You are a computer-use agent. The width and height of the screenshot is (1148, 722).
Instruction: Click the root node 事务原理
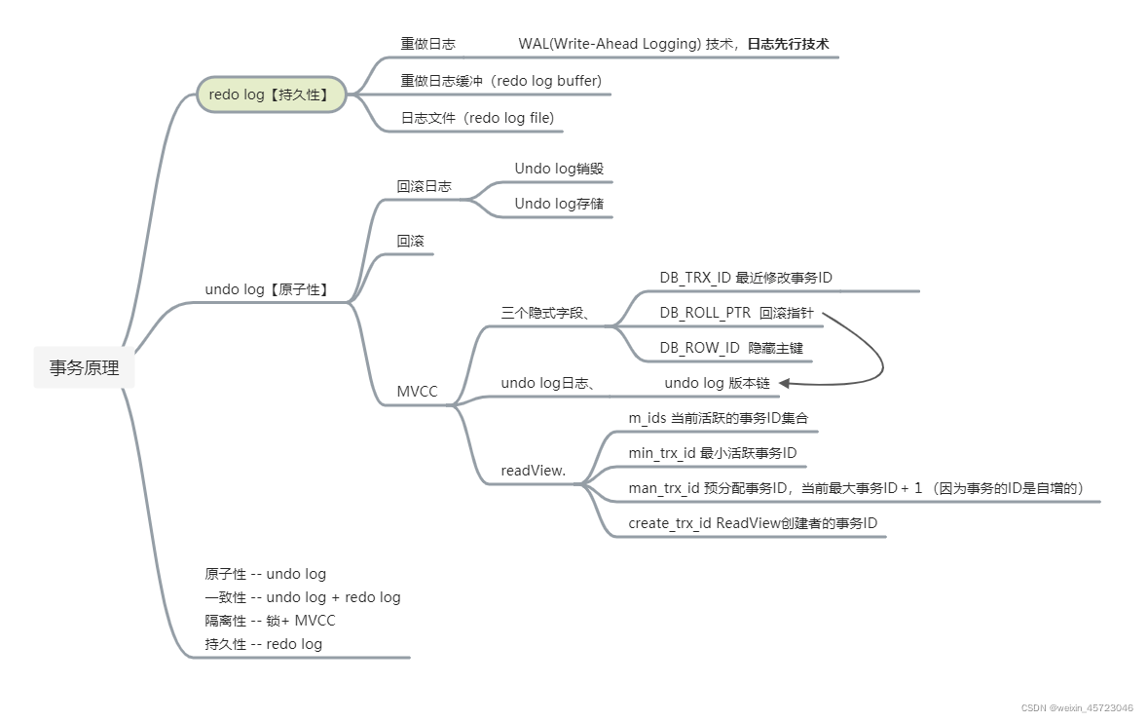click(84, 367)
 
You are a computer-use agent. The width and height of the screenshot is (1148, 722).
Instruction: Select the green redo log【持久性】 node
click(272, 95)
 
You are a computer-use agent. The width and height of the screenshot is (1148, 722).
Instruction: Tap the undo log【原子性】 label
click(267, 289)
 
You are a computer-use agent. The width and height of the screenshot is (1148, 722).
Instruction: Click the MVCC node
click(418, 392)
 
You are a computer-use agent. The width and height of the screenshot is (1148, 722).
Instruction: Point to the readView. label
click(533, 471)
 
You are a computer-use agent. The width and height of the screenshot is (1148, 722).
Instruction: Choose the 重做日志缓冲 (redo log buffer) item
click(500, 81)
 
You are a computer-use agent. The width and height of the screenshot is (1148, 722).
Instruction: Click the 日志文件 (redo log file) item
click(477, 117)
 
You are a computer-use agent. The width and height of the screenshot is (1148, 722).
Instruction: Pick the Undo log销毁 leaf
click(559, 169)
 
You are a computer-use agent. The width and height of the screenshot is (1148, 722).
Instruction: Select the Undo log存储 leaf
click(559, 204)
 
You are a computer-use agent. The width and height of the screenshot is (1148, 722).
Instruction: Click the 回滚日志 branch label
click(424, 186)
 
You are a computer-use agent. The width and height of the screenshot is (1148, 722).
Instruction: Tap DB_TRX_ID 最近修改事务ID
click(746, 278)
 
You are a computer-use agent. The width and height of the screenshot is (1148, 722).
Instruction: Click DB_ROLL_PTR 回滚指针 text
click(736, 313)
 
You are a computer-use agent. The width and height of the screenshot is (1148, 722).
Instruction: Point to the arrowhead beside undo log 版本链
click(784, 383)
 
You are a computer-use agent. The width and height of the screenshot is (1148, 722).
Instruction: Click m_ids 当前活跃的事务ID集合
click(719, 418)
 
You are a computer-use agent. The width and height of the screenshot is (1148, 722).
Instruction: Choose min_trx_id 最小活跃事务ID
click(713, 453)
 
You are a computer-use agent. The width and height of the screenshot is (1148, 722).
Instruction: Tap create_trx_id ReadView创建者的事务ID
click(753, 523)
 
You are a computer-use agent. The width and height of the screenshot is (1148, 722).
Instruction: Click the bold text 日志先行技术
click(788, 44)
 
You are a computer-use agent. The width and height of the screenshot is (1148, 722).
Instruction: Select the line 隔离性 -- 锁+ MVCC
click(270, 621)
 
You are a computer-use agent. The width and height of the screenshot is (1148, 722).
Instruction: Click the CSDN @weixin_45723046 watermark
click(1077, 708)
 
